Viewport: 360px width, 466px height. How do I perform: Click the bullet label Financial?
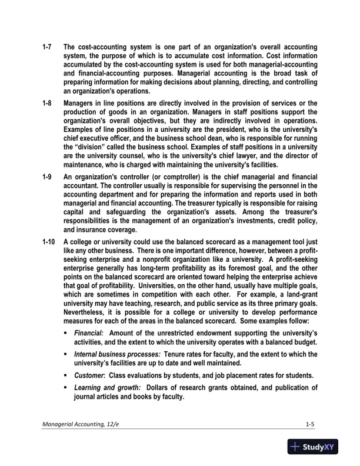(x=89, y=333)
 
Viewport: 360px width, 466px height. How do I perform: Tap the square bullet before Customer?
(x=68, y=375)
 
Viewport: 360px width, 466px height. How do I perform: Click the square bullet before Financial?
(x=68, y=333)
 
